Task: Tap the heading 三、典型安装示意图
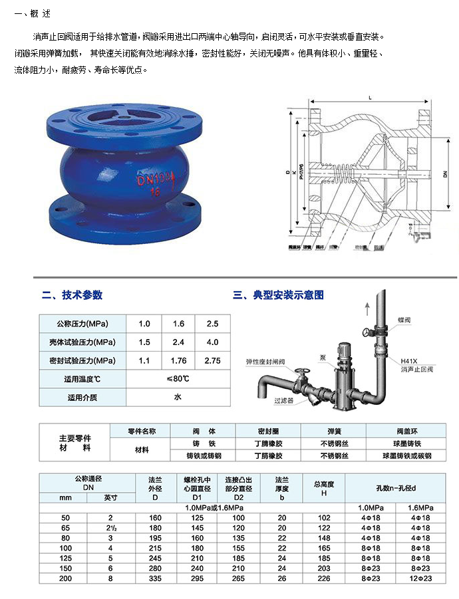pyautogui.click(x=278, y=295)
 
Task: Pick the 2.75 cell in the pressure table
pyautogui.click(x=212, y=360)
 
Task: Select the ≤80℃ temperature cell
pyautogui.click(x=178, y=379)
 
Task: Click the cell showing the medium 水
pyautogui.click(x=178, y=398)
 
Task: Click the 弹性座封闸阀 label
pyautogui.click(x=264, y=362)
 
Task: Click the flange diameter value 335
pyautogui.click(x=156, y=578)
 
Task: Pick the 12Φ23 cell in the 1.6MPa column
pyautogui.click(x=420, y=578)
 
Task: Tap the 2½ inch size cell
pyautogui.click(x=109, y=527)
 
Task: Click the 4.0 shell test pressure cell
pyautogui.click(x=212, y=342)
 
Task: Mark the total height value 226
pyautogui.click(x=324, y=578)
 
